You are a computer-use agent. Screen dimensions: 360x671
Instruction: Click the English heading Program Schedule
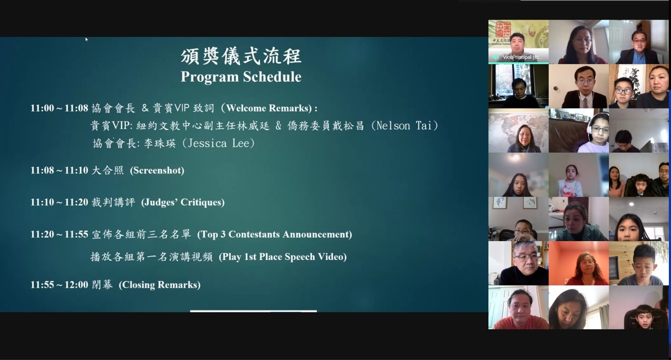241,77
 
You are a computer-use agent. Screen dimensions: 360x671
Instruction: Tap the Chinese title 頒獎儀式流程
241,56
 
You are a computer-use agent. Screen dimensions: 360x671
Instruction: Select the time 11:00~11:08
59,108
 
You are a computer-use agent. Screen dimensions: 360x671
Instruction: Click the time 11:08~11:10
59,170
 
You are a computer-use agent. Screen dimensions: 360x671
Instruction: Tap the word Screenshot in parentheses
157,170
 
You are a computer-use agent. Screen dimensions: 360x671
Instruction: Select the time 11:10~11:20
59,202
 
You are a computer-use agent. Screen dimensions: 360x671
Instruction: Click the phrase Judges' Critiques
183,202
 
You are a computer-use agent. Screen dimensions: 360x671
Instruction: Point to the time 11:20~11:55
59,234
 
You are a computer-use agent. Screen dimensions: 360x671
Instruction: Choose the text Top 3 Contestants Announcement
274,234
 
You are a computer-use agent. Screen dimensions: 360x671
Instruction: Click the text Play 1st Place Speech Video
283,257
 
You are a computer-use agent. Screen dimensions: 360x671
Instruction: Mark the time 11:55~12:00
59,284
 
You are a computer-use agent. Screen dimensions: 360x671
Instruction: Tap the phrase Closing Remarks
160,284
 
